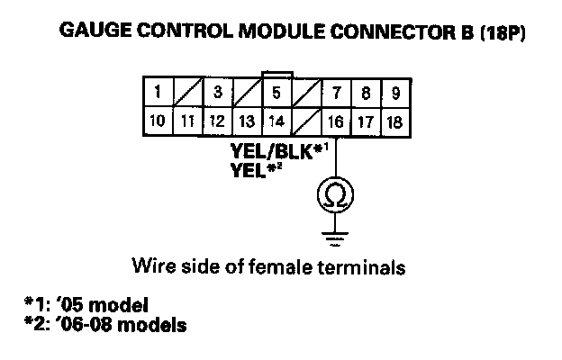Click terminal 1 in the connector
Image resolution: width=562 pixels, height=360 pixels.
tap(158, 92)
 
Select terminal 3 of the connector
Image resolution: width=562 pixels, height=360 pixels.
tap(217, 92)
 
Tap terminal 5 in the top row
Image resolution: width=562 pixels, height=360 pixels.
tap(276, 92)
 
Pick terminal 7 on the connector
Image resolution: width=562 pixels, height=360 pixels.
tap(336, 92)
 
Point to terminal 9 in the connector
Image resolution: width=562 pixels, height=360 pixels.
tap(394, 92)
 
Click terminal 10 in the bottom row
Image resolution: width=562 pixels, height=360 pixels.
tap(158, 121)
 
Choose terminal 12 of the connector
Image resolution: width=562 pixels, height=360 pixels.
tap(217, 121)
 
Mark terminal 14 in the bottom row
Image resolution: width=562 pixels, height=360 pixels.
tap(276, 121)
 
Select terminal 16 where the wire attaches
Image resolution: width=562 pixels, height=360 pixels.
tap(336, 121)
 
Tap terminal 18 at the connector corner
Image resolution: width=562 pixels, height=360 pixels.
tap(394, 121)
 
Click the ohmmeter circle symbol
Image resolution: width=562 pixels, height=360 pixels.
tap(336, 193)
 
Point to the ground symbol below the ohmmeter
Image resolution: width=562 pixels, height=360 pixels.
tap(336, 240)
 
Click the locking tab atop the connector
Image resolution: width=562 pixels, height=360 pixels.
tap(276, 72)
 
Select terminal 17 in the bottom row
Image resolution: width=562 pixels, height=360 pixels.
tap(365, 121)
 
